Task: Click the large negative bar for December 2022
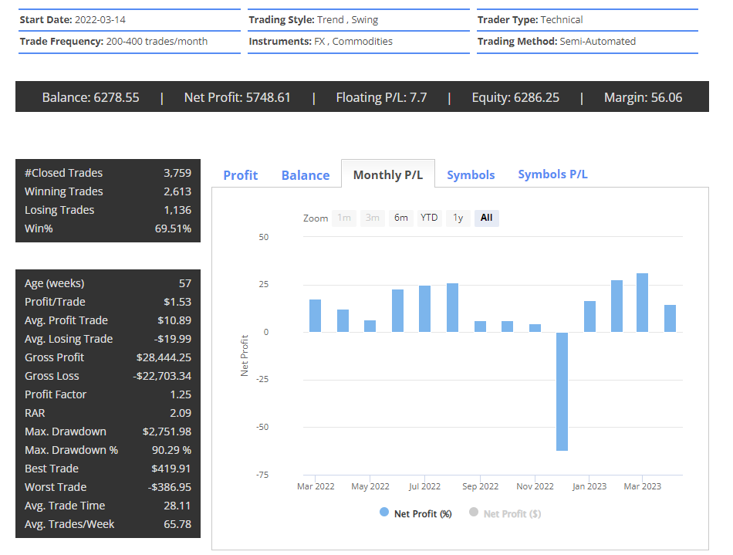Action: tap(562, 391)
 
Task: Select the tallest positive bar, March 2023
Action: tap(642, 303)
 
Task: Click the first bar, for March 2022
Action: tap(315, 316)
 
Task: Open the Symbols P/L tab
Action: tap(552, 174)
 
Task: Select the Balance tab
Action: tap(306, 175)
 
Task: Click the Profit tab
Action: tap(240, 175)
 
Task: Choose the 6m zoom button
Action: tap(400, 218)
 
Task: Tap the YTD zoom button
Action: tap(429, 218)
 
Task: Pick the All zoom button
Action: tap(486, 218)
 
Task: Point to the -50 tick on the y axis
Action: tap(264, 427)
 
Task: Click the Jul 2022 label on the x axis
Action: tap(424, 486)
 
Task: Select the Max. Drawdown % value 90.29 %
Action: tap(171, 450)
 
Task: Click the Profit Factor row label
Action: tap(56, 394)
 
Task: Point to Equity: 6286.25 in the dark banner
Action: tap(515, 97)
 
